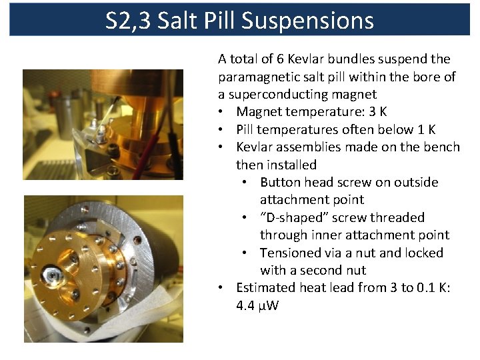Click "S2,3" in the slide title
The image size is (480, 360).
coord(131,21)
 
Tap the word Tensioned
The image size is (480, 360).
coord(290,253)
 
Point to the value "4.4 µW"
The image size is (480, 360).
coord(257,305)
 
